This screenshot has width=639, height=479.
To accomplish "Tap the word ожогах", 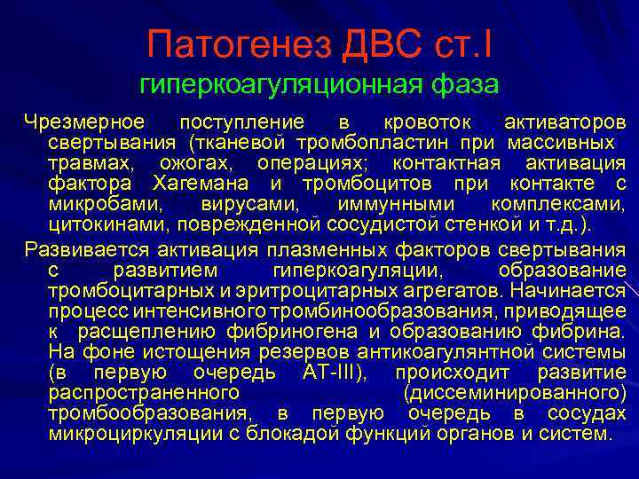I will point(193,164).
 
